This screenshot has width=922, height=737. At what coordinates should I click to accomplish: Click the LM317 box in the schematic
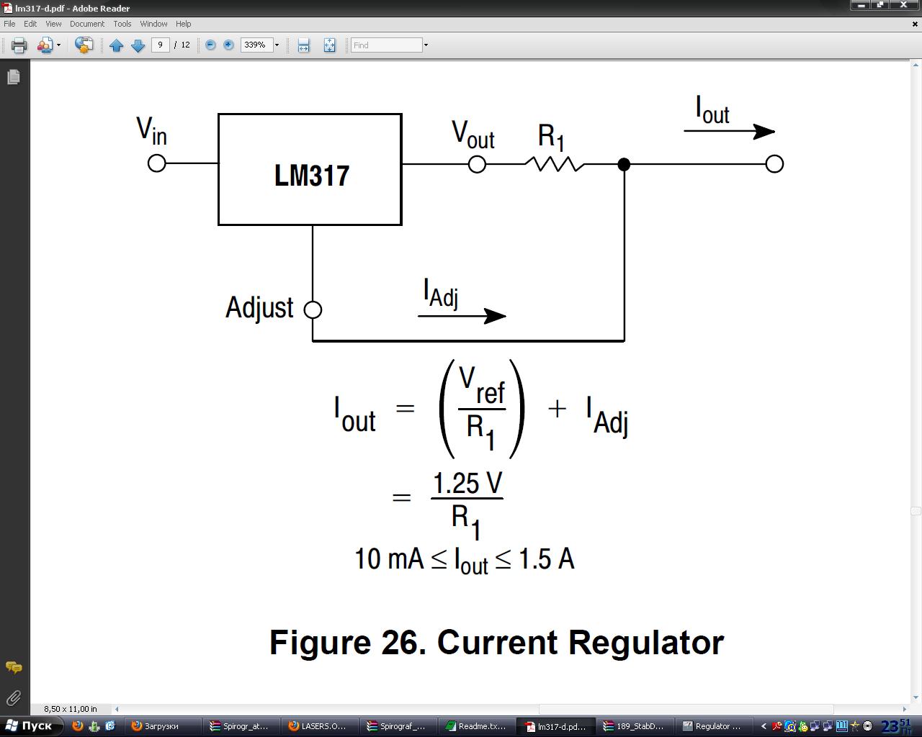310,170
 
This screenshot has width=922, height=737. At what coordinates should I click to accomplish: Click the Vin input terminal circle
156,163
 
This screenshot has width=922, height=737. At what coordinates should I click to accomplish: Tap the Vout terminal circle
477,165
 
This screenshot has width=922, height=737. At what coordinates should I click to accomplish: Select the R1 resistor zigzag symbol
554,165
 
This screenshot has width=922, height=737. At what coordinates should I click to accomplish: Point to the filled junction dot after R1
624,165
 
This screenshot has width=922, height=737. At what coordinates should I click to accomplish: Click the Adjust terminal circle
313,309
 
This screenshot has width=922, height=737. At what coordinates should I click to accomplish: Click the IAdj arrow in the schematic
462,316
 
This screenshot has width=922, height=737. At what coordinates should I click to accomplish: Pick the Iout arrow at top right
728,132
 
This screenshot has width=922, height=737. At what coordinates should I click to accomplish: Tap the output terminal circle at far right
774,164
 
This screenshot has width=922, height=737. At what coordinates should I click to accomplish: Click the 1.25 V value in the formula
467,484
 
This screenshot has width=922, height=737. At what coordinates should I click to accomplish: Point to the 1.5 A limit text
546,559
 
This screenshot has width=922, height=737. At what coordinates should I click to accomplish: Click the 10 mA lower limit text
389,559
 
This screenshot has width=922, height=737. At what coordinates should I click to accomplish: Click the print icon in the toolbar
19,45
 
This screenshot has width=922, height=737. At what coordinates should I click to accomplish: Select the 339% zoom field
255,45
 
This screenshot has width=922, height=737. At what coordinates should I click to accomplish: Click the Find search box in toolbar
386,45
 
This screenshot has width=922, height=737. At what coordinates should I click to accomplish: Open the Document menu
87,24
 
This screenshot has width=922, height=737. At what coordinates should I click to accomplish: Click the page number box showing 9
160,45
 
